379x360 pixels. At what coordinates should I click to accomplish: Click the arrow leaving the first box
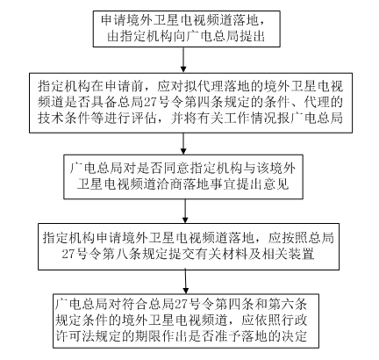point(183,60)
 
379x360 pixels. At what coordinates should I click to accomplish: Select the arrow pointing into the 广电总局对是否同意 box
point(183,144)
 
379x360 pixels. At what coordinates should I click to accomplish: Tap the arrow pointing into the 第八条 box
point(185,212)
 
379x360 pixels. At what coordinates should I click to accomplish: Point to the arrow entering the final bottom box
point(185,282)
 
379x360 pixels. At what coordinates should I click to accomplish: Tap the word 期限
point(147,336)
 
